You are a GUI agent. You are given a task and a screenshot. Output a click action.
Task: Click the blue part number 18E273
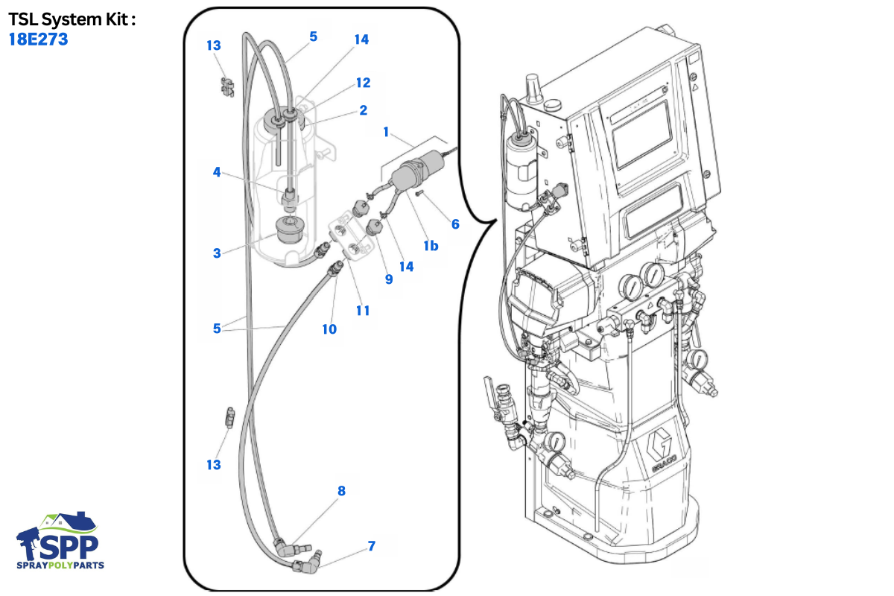click(38, 39)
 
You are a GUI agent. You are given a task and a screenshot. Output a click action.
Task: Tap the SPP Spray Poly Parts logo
click(60, 541)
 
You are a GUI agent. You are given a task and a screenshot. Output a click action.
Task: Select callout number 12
click(364, 83)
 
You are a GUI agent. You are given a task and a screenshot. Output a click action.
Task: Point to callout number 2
click(364, 110)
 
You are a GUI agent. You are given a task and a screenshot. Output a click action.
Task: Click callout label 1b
click(431, 246)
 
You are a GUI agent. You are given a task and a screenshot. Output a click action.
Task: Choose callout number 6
click(455, 224)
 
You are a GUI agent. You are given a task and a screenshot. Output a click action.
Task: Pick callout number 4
click(217, 172)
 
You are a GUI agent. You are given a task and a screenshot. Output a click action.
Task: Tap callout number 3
click(217, 253)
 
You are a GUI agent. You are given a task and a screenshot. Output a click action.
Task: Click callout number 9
click(389, 279)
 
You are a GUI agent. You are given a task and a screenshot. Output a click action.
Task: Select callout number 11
click(363, 311)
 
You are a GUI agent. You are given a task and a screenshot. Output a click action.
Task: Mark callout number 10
click(329, 329)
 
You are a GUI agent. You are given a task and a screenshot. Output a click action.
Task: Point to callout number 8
click(341, 491)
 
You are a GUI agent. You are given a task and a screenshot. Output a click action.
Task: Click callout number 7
click(372, 546)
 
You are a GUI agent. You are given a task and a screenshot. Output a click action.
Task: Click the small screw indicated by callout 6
click(419, 194)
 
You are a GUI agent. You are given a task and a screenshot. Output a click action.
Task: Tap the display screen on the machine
click(643, 134)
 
